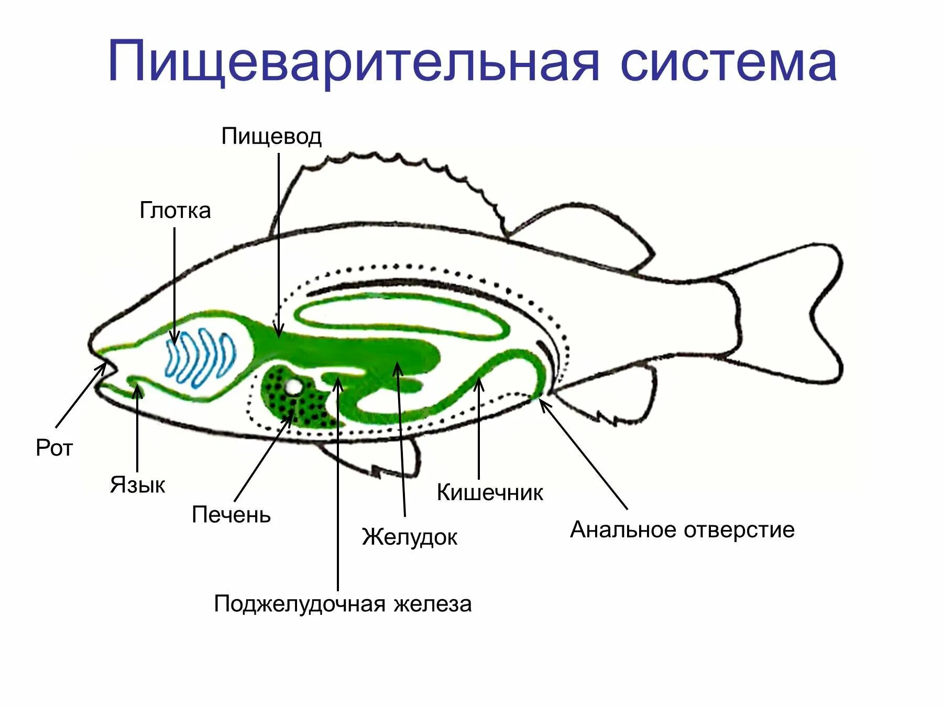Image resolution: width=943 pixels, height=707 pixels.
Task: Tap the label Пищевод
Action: click(x=271, y=137)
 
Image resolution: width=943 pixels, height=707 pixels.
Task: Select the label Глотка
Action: click(x=175, y=211)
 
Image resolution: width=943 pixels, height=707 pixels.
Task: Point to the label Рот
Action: click(x=54, y=448)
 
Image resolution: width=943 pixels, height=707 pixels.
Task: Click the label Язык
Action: click(x=137, y=485)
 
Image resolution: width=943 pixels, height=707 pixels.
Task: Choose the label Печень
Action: click(x=231, y=515)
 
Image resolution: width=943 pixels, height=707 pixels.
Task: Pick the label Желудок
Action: click(x=409, y=537)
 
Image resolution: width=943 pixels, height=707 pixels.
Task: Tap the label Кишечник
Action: click(x=490, y=493)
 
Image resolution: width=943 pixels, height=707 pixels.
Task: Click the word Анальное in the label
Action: click(x=624, y=530)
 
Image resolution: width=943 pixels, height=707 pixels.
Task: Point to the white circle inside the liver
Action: click(x=293, y=388)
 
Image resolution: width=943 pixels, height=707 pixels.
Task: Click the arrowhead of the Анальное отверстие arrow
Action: click(x=541, y=401)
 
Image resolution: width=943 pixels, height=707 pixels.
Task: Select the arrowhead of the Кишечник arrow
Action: click(x=478, y=383)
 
